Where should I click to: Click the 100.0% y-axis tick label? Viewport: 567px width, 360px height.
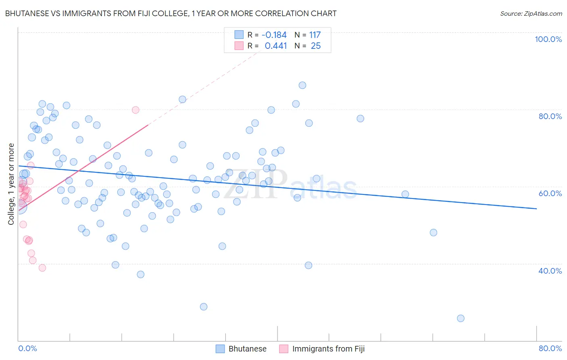tap(548, 39)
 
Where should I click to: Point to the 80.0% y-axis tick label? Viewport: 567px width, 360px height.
tap(550, 116)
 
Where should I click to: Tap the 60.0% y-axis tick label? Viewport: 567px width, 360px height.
tap(550, 193)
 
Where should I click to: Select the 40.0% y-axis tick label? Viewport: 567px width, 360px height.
tap(550, 271)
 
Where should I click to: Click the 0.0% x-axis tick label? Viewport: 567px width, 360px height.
tap(27, 348)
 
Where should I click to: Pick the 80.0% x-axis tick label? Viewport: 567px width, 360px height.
tap(550, 348)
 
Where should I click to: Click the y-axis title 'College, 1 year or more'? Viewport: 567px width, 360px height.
tap(11, 184)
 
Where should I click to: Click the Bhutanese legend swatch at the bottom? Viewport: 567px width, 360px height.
tap(220, 349)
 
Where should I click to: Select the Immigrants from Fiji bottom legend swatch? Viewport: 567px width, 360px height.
tap(284, 349)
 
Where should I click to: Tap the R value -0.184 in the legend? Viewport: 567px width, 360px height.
tap(274, 35)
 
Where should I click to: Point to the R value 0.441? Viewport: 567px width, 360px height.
tap(275, 46)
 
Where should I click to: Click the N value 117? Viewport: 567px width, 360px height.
tap(315, 35)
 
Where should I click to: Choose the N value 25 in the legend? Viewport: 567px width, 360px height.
tap(316, 46)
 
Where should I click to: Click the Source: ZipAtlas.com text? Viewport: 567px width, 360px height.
tap(531, 14)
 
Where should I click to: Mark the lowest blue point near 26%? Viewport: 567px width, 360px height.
tap(461, 318)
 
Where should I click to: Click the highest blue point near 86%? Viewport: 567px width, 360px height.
tap(302, 85)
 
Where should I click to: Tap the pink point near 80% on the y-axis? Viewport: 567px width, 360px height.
tap(135, 110)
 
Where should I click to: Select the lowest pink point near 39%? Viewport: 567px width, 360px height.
tap(42, 268)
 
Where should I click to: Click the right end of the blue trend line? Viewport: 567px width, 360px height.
tap(536, 209)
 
